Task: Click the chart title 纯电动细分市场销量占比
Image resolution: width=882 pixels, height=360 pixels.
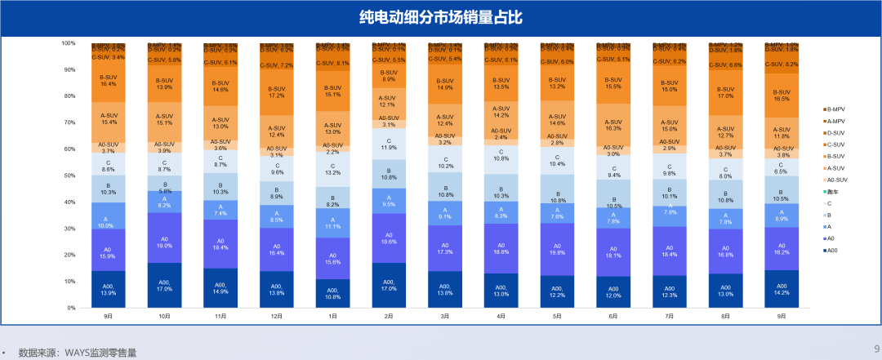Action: (x=441, y=17)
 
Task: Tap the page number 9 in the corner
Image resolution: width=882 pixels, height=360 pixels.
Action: (x=876, y=346)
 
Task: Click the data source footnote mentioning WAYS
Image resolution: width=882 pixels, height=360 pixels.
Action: (x=78, y=353)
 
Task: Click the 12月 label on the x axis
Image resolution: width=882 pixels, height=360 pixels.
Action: (x=276, y=316)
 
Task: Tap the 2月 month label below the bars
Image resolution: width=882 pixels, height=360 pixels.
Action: (x=388, y=316)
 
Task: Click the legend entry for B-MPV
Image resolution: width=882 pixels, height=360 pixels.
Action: (x=834, y=109)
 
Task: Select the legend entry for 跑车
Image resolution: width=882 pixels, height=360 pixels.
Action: (x=833, y=191)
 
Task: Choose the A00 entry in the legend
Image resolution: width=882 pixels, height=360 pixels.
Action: (x=832, y=250)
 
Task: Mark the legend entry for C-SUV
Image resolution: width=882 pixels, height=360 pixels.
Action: (x=835, y=144)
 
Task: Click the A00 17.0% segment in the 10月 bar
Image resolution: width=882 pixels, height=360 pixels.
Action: (x=164, y=286)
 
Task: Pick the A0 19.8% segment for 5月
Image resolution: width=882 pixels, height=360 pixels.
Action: (x=557, y=250)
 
